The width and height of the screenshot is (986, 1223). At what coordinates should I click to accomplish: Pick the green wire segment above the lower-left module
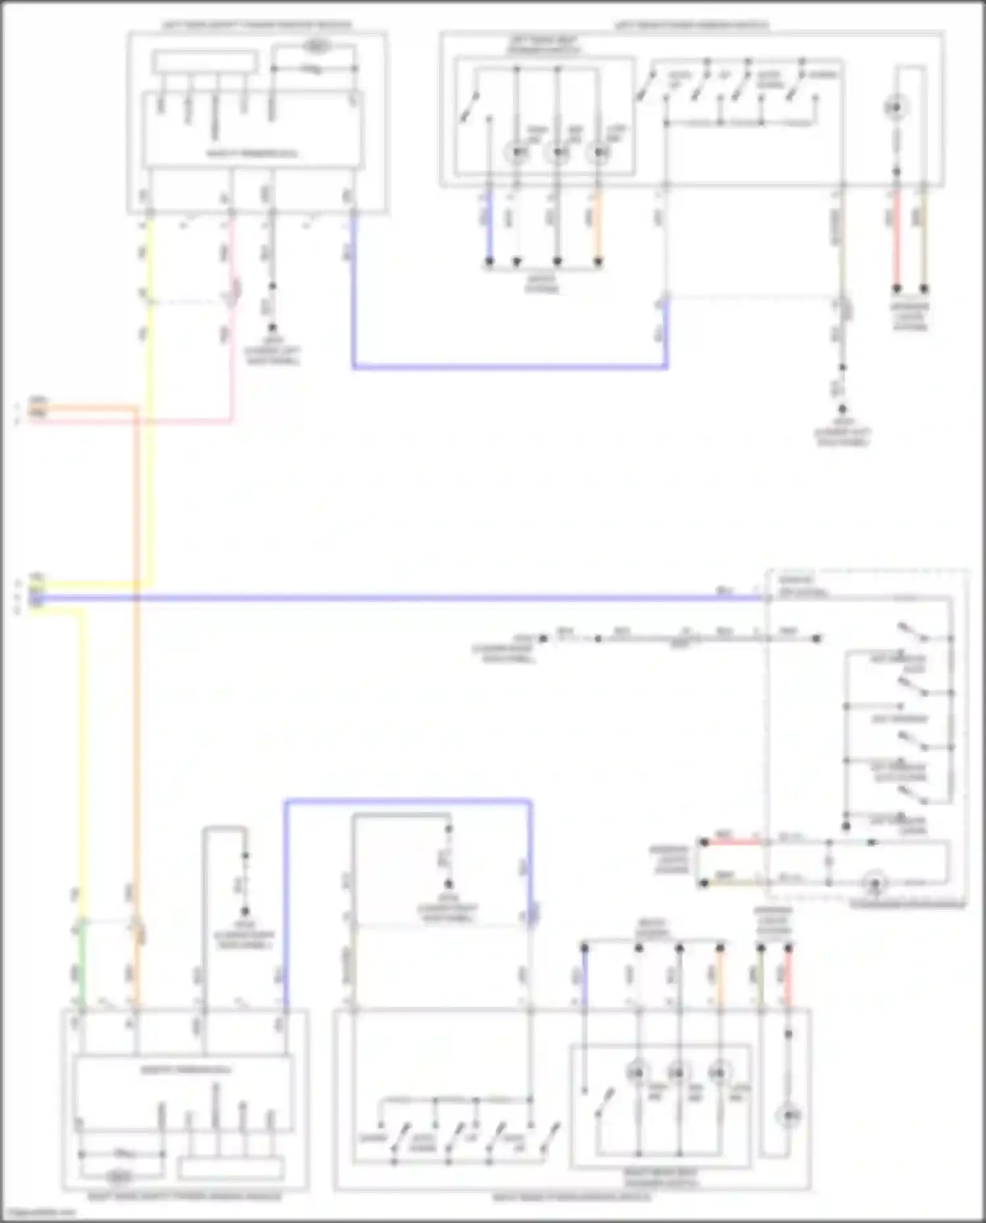pyautogui.click(x=82, y=966)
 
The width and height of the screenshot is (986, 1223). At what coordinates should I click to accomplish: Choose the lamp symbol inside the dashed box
pyautogui.click(x=874, y=883)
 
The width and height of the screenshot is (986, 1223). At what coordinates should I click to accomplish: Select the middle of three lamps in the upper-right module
pyautogui.click(x=558, y=152)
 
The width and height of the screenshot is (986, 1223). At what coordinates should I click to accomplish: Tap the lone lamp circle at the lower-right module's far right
pyautogui.click(x=787, y=1115)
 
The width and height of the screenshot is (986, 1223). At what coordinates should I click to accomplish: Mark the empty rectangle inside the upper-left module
pyautogui.click(x=204, y=62)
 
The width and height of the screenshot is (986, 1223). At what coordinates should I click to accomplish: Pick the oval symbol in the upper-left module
pyautogui.click(x=317, y=47)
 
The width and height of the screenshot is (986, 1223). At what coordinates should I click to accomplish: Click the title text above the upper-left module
pyautogui.click(x=257, y=26)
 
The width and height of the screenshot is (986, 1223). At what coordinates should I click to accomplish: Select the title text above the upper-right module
pyautogui.click(x=692, y=26)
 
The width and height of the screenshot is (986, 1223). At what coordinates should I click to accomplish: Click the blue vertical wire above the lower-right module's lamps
pyautogui.click(x=584, y=979)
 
